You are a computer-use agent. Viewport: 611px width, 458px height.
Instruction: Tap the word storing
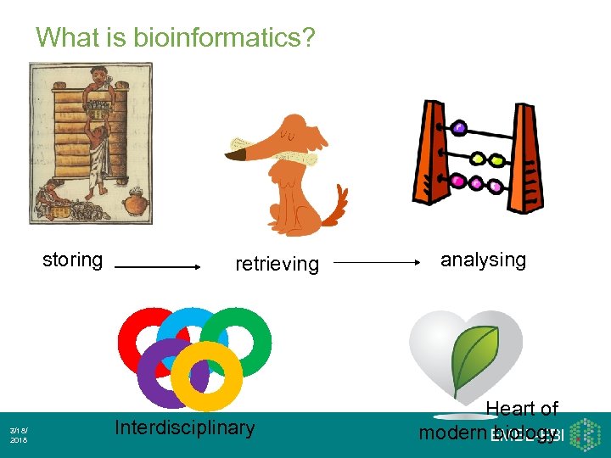click(x=73, y=260)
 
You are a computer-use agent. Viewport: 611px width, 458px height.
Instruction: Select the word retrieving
click(x=277, y=264)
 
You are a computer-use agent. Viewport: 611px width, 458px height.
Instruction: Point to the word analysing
click(x=483, y=260)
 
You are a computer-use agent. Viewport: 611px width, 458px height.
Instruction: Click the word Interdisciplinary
click(x=184, y=427)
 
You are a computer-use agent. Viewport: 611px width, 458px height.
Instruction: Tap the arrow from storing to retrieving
click(x=157, y=266)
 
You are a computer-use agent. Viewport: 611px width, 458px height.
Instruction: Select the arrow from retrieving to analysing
click(x=377, y=263)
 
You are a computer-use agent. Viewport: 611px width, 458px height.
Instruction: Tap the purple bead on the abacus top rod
click(x=459, y=128)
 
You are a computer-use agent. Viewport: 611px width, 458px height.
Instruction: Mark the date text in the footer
click(x=18, y=435)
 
